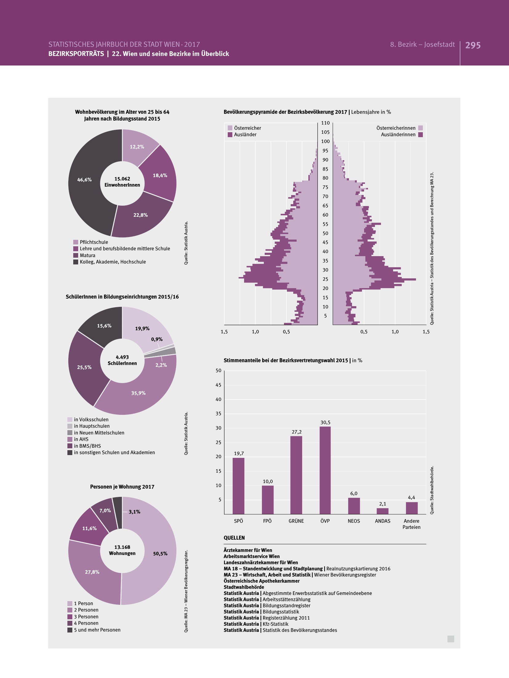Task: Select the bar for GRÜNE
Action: tap(296, 475)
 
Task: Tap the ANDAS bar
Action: tap(383, 511)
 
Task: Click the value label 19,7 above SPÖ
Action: tap(239, 453)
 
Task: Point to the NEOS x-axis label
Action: tap(354, 521)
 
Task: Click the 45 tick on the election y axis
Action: tap(218, 385)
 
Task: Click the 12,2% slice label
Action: tap(137, 147)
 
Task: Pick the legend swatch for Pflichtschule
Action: tap(76, 242)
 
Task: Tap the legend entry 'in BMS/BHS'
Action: tap(87, 446)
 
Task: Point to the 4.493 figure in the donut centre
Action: tap(122, 357)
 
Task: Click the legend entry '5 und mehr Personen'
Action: tap(97, 630)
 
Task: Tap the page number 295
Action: tap(473, 45)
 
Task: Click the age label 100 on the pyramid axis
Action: tap(325, 141)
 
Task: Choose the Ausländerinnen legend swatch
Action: tap(421, 135)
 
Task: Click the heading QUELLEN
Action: tap(234, 538)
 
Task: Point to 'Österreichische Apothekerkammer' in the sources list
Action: tap(262, 581)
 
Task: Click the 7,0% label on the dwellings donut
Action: tap(105, 510)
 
